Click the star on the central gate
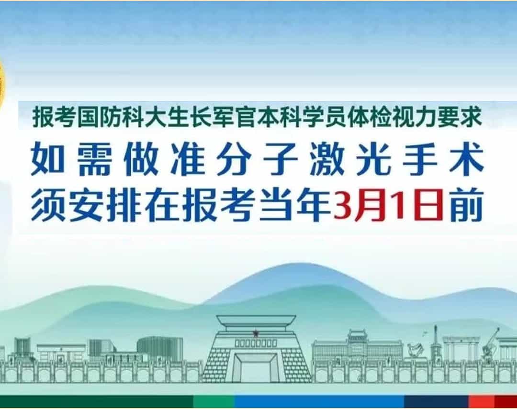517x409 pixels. (256, 333)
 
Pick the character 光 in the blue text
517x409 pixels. (374, 159)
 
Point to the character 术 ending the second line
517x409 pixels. (467, 159)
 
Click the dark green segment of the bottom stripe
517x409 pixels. (96, 402)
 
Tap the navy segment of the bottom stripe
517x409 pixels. (436, 402)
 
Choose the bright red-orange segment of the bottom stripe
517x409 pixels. (482, 402)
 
